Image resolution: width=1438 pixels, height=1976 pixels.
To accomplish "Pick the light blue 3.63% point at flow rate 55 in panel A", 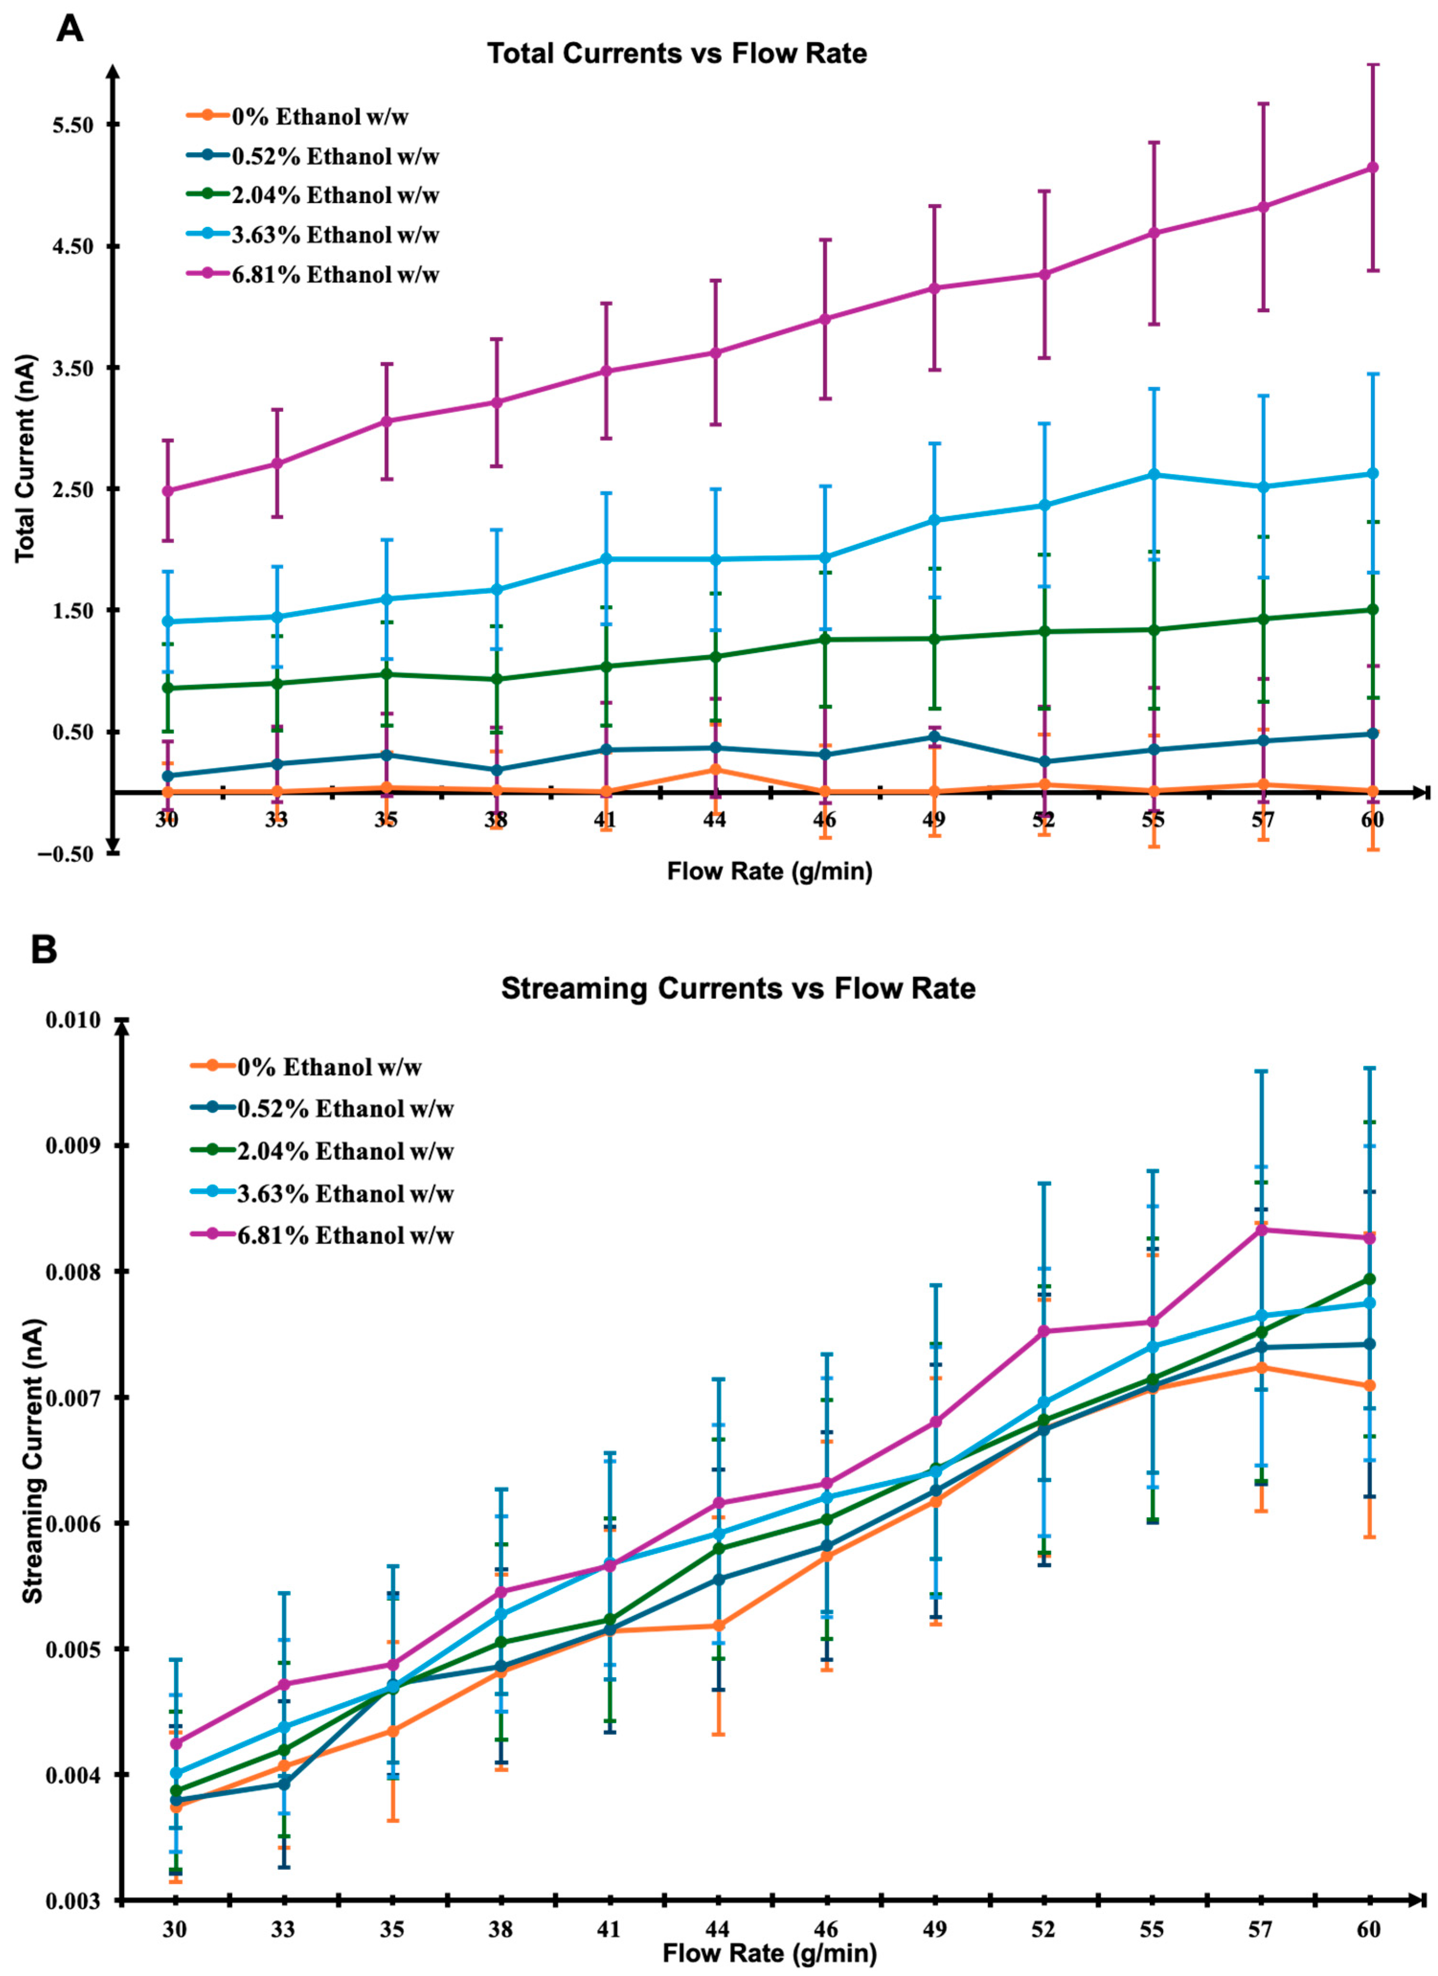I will [x=1153, y=474].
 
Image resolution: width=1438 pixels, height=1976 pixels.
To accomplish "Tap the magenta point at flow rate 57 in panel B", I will [x=1261, y=1229].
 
